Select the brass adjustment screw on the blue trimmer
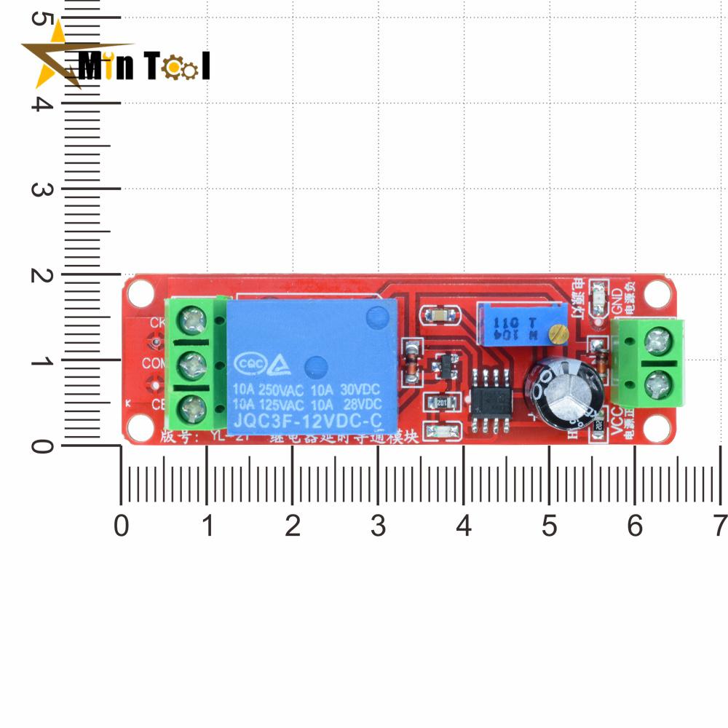[x=559, y=334]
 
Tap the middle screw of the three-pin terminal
[x=194, y=363]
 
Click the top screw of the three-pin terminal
[x=194, y=318]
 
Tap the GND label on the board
[x=617, y=298]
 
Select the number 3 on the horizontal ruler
[x=377, y=526]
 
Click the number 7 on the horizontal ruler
[x=719, y=526]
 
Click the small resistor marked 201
[x=441, y=402]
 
